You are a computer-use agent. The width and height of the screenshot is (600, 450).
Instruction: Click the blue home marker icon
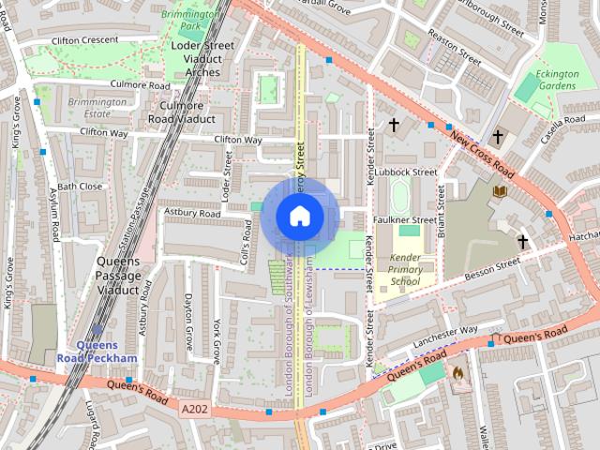click(x=299, y=216)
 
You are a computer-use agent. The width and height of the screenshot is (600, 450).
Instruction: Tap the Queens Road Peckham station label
click(x=106, y=351)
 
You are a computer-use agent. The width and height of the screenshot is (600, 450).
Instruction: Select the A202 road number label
click(x=194, y=408)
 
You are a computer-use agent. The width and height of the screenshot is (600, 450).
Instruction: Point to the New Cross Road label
click(x=482, y=156)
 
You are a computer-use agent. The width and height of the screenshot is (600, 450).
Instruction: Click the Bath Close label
click(x=80, y=187)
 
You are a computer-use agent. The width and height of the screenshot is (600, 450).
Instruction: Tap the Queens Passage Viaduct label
click(x=118, y=276)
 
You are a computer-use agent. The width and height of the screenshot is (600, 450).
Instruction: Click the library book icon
click(x=500, y=191)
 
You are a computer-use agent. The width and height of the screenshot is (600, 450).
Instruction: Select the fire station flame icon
click(x=458, y=373)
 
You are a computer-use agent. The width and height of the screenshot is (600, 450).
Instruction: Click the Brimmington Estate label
click(x=97, y=107)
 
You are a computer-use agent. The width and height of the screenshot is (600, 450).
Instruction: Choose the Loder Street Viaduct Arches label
click(x=202, y=58)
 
